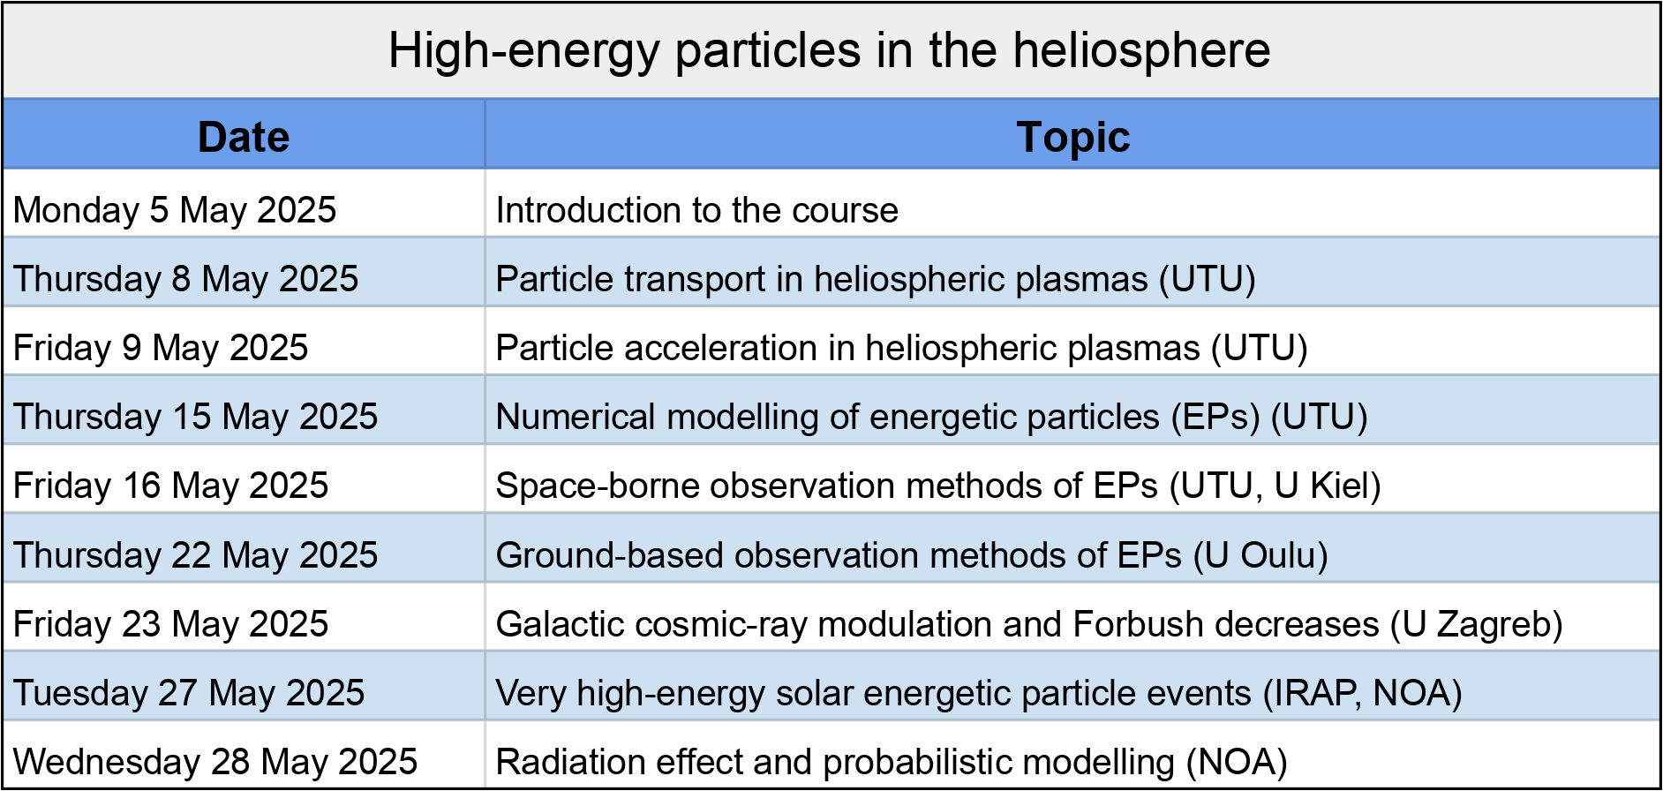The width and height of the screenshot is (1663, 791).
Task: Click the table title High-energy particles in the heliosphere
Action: click(829, 50)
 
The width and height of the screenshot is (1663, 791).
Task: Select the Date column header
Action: click(244, 137)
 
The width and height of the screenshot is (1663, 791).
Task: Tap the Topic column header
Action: click(1072, 137)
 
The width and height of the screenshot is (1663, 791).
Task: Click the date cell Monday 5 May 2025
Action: click(175, 210)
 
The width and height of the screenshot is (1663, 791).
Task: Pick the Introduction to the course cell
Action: click(697, 210)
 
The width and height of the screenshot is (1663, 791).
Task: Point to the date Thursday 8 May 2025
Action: click(185, 279)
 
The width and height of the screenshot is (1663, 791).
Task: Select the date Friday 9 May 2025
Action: click(161, 348)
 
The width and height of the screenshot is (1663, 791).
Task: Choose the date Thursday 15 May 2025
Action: click(195, 417)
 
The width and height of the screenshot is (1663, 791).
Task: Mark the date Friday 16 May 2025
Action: click(170, 486)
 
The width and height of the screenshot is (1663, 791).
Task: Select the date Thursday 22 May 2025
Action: click(195, 555)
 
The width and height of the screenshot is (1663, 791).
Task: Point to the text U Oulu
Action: click(1260, 555)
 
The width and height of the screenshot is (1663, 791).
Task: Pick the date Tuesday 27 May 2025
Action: click(189, 693)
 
